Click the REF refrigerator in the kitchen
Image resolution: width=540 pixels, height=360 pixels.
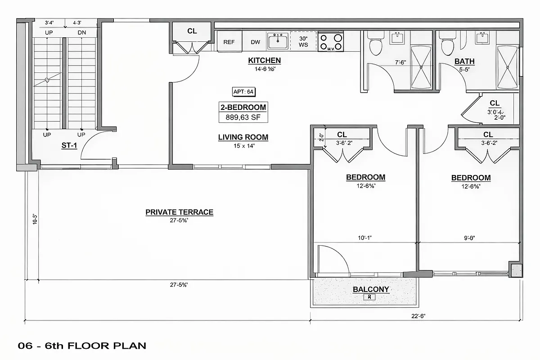click(x=229, y=42)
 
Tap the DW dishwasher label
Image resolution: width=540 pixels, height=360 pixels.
click(x=256, y=42)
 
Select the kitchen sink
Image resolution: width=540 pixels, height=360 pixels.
click(x=278, y=41)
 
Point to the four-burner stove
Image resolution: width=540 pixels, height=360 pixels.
click(x=330, y=41)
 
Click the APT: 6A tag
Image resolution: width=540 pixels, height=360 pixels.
click(x=244, y=92)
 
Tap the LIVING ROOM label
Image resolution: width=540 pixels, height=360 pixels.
click(x=243, y=137)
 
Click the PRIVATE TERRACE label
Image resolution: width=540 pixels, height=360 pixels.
click(x=179, y=212)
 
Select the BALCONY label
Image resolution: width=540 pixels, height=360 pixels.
click(x=371, y=289)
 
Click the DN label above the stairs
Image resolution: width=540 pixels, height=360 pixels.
click(x=81, y=32)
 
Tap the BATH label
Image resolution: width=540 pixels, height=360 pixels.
click(x=464, y=61)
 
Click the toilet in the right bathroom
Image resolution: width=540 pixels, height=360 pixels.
click(x=447, y=45)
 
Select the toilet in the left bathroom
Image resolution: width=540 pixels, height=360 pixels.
click(x=373, y=45)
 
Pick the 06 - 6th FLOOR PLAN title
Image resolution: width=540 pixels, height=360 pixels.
click(x=82, y=346)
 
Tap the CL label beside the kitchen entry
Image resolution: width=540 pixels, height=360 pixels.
click(x=192, y=31)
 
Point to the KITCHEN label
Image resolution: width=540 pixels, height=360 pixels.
click(x=265, y=60)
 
